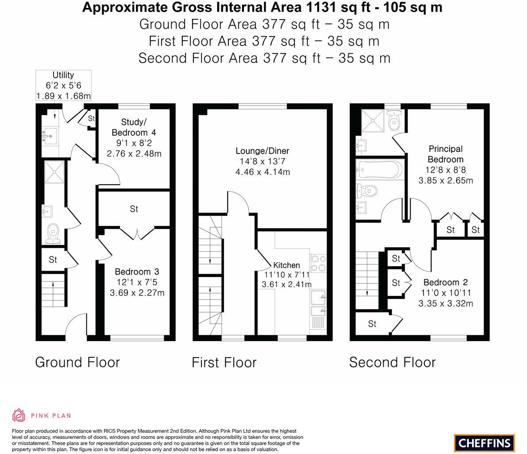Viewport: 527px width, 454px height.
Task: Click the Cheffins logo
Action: [484, 442]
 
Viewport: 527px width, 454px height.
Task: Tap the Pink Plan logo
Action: [42, 415]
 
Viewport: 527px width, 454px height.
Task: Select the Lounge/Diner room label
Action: [262, 151]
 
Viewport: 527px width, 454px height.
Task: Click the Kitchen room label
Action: [286, 265]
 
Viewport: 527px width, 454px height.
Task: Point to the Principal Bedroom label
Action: [446, 154]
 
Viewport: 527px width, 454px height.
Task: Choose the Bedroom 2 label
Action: [446, 283]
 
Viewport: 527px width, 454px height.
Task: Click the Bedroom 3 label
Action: [137, 272]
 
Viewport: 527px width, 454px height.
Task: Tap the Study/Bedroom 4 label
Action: [134, 127]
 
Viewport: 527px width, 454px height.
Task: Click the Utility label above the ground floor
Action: [63, 75]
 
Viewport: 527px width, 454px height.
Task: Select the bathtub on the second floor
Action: [380, 170]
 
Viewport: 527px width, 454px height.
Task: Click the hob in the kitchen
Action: [318, 263]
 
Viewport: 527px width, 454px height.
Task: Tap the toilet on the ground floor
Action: [54, 231]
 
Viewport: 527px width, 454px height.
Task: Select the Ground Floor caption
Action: [77, 362]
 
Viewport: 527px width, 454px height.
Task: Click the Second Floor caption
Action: [392, 362]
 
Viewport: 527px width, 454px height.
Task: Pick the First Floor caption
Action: [224, 362]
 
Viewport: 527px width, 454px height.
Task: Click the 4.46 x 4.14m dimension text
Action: [262, 172]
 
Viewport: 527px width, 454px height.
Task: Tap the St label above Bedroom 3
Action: [134, 209]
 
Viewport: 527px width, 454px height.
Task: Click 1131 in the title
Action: [319, 8]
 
